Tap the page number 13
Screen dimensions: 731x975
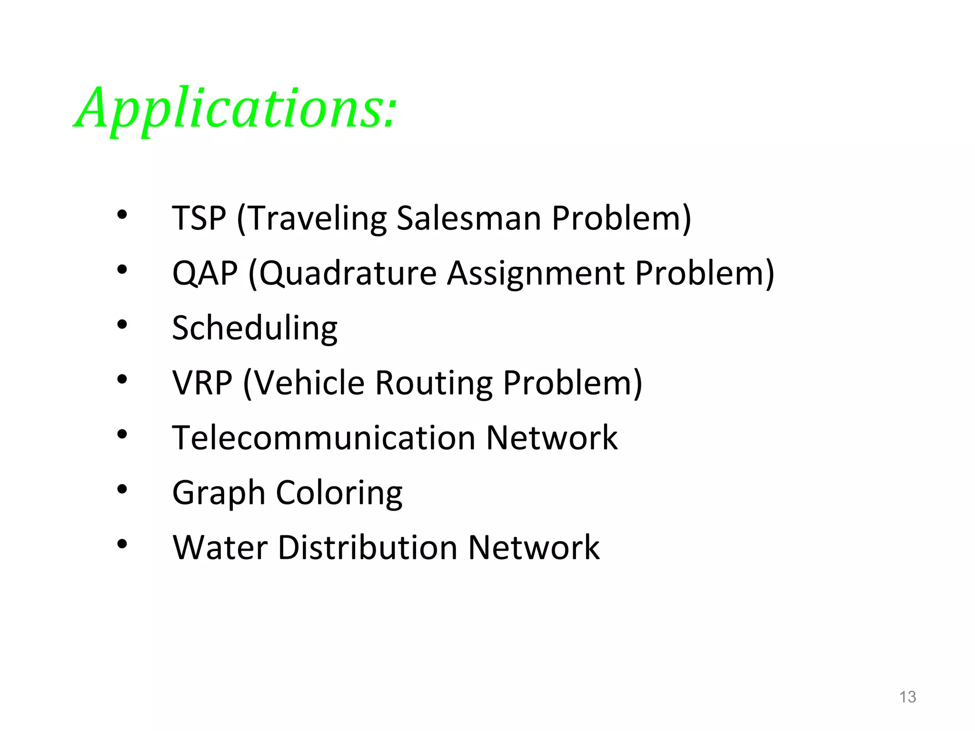click(907, 697)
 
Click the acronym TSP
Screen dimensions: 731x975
click(199, 218)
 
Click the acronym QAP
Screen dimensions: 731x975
click(205, 273)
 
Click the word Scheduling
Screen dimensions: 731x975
click(255, 328)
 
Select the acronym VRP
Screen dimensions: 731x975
click(202, 383)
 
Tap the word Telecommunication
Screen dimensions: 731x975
click(324, 437)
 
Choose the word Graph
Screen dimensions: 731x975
click(219, 493)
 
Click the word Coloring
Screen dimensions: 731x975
click(339, 493)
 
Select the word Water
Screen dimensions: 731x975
click(220, 547)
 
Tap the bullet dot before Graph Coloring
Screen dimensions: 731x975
click(122, 489)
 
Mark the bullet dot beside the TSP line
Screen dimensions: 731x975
click(122, 215)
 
